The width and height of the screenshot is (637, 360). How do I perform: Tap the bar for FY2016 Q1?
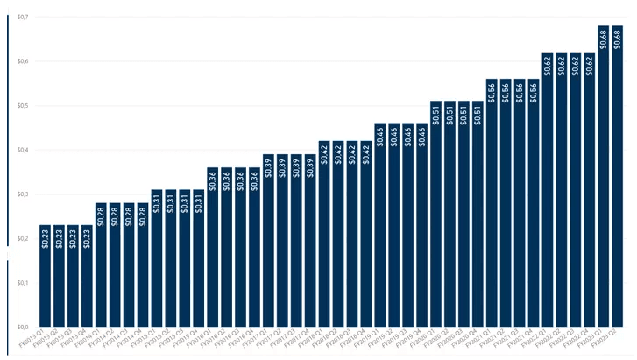(212, 246)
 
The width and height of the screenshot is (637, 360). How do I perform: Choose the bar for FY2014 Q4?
(143, 264)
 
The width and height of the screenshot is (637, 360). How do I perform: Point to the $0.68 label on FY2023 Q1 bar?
(604, 38)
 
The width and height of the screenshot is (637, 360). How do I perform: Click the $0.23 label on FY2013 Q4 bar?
(87, 237)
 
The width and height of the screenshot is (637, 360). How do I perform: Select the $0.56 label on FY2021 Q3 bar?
(520, 91)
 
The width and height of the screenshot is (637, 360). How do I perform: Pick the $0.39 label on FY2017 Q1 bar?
(268, 166)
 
